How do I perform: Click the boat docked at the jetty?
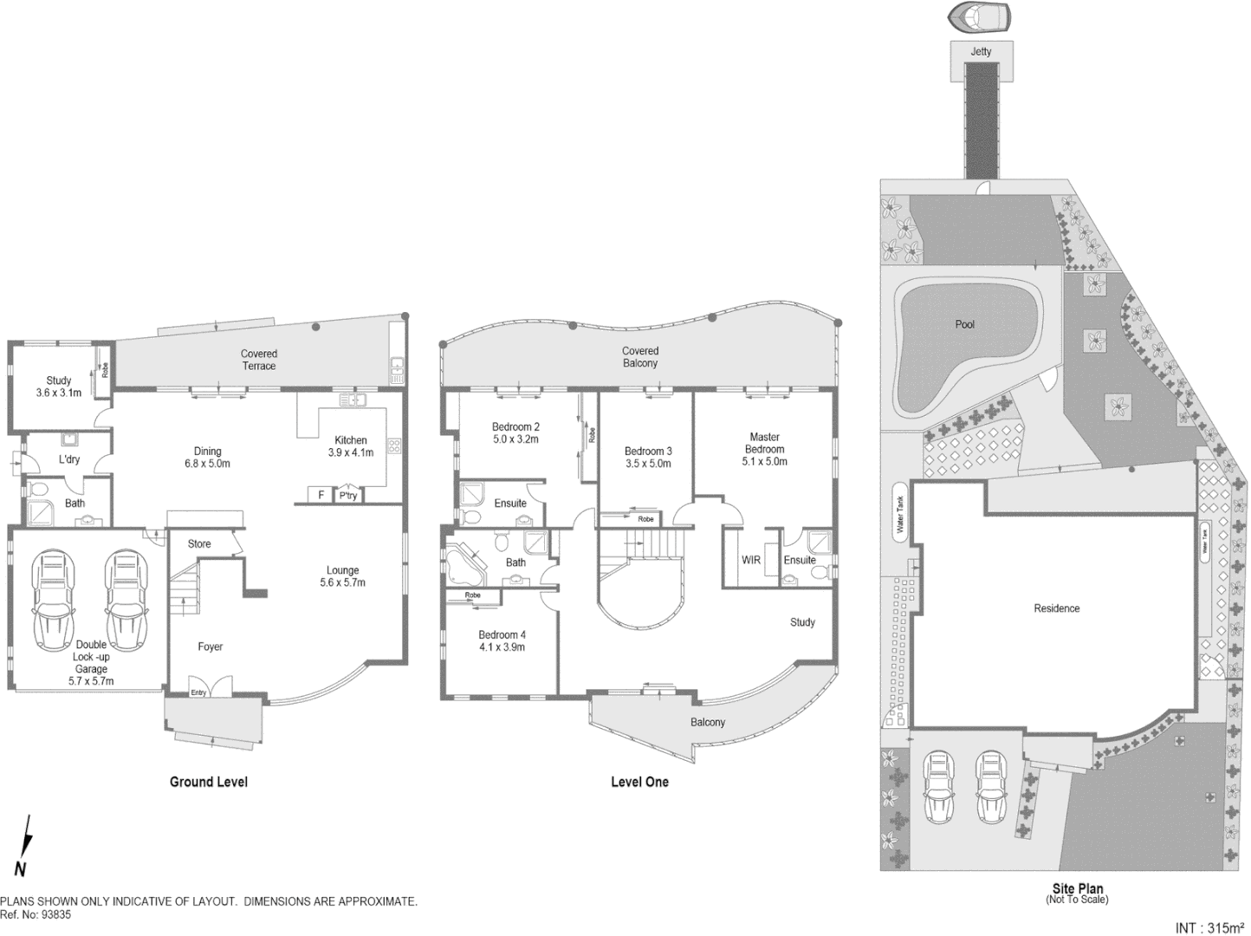coord(981,17)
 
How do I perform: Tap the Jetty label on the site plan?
coord(981,52)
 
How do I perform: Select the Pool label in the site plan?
coord(964,324)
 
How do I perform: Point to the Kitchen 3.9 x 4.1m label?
coord(350,446)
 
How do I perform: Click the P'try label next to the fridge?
coord(348,496)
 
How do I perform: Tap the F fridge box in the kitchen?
coord(321,495)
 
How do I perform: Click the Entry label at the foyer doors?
coord(198,692)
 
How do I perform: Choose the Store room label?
coord(199,544)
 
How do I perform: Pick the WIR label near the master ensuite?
coord(751,560)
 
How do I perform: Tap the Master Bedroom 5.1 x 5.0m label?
coord(764,449)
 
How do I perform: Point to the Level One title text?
coord(639,782)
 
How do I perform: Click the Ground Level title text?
coord(208,782)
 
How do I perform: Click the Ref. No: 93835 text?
coord(36,913)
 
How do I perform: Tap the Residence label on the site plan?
coord(1056,608)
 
